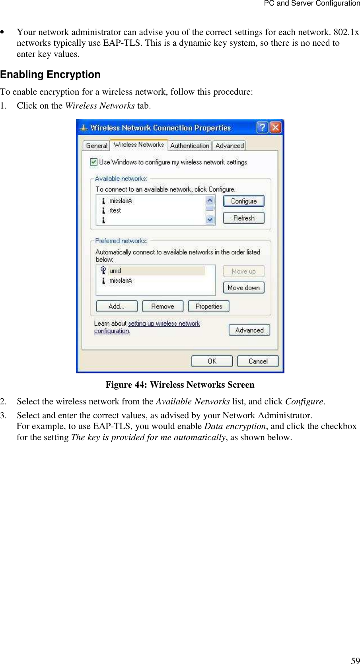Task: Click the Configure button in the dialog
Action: (243, 201)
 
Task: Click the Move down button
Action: (243, 288)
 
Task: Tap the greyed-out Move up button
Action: (243, 272)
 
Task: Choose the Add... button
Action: (117, 307)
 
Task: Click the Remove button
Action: (163, 307)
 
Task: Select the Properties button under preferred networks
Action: (208, 307)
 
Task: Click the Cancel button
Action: (258, 361)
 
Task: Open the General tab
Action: (97, 146)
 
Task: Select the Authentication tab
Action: (190, 146)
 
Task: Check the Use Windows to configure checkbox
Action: (94, 162)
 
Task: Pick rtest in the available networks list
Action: (115, 211)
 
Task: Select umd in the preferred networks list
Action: (115, 271)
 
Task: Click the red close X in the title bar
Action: (276, 128)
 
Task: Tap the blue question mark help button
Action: (263, 128)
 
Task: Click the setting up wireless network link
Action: (163, 324)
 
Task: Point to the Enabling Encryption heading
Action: (51, 75)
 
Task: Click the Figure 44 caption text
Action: (180, 385)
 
